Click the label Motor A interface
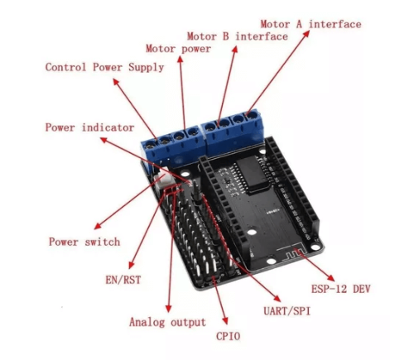click(x=310, y=24)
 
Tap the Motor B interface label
click(x=238, y=36)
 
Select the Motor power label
click(x=178, y=49)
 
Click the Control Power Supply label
click(x=104, y=67)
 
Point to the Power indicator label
click(x=89, y=127)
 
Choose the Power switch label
click(x=84, y=242)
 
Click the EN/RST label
click(x=123, y=280)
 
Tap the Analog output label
click(x=167, y=322)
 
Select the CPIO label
click(x=228, y=336)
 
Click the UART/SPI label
click(x=287, y=311)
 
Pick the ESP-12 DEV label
click(x=340, y=289)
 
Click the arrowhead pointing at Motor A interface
click(x=306, y=34)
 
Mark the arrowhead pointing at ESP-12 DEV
click(x=330, y=277)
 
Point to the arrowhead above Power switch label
click(x=98, y=226)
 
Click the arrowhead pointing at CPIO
click(x=225, y=320)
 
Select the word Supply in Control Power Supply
click(x=146, y=68)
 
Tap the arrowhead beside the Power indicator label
click(x=103, y=140)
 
